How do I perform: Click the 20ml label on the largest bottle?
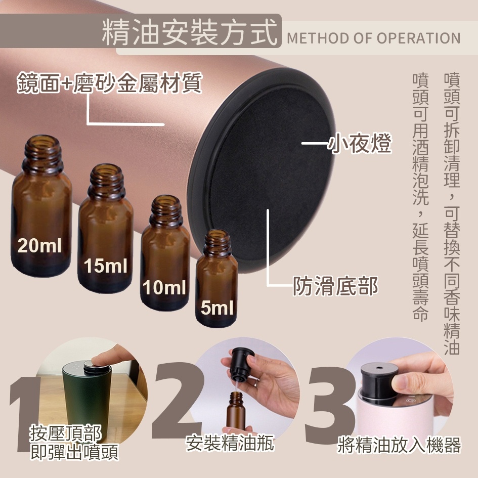[x=39, y=246]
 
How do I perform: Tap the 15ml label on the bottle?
[x=106, y=266]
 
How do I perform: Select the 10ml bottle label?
[x=164, y=287]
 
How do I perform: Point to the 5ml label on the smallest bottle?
[x=217, y=308]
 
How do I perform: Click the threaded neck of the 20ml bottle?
[x=42, y=150]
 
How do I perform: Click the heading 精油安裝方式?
[x=189, y=32]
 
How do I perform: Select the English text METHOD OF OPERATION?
[x=373, y=38]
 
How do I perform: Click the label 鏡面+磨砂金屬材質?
[x=110, y=83]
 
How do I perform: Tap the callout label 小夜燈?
[x=359, y=143]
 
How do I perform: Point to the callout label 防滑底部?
[x=335, y=286]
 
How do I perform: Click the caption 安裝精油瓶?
[x=230, y=443]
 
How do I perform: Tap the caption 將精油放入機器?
[x=399, y=445]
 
